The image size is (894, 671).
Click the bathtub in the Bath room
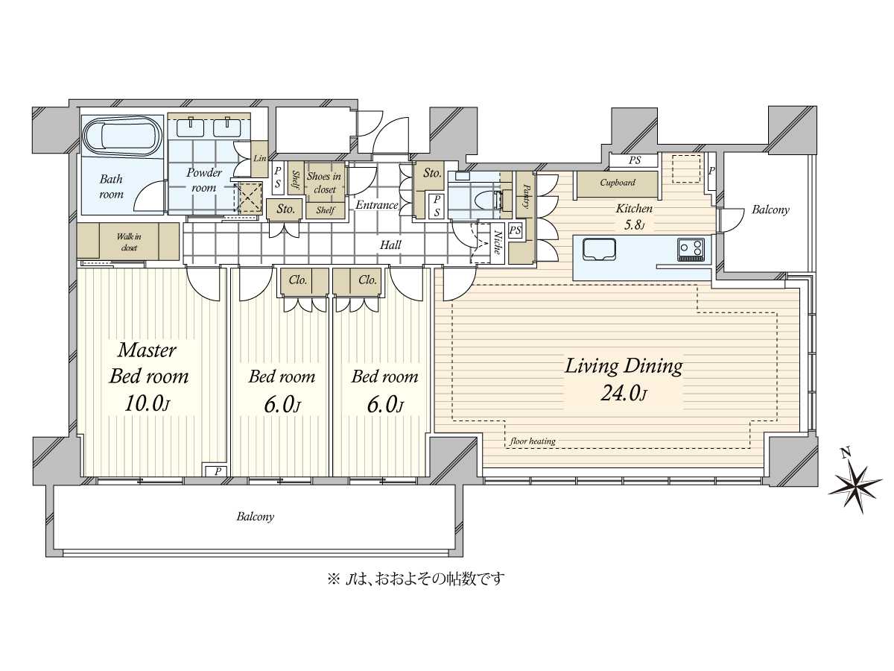point(121,136)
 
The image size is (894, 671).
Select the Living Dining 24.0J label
point(623,379)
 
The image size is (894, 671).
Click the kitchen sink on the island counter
point(599,248)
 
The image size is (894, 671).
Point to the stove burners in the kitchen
point(691,248)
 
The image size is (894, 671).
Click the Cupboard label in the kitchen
point(617,183)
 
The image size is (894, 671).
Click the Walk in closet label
point(128,242)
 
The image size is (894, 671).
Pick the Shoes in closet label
point(324,183)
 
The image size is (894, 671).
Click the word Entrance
point(376,205)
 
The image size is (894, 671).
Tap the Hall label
point(390,245)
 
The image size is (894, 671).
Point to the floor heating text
point(533,441)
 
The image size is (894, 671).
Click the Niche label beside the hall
point(497,243)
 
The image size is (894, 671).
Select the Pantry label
point(526,196)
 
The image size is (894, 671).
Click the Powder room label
point(203,180)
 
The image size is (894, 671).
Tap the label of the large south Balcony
point(256,516)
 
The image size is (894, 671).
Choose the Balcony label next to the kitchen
point(770,210)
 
